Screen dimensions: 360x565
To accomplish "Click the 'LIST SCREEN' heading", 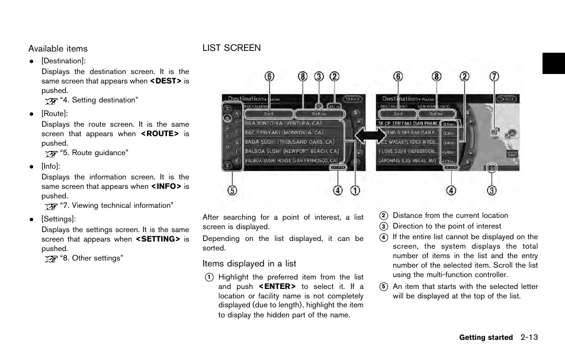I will pos(232,48).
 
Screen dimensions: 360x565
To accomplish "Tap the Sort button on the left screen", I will pos(268,113).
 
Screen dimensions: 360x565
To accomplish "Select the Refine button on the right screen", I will pos(436,113).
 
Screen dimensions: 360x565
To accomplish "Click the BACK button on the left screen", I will pos(353,99).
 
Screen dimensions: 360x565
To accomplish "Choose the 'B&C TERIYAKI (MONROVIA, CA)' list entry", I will pos(285,133).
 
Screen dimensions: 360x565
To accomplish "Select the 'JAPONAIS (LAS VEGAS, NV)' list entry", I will pos(407,160).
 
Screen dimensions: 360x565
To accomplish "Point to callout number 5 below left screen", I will pos(232,191).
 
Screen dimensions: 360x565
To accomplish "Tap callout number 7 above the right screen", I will pos(494,76).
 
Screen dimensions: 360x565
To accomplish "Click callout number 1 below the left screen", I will pos(354,191).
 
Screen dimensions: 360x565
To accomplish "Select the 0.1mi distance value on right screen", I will pos(449,124).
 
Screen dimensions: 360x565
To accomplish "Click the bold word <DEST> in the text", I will pos(165,81).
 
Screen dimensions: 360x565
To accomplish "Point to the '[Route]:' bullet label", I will pos(54,113).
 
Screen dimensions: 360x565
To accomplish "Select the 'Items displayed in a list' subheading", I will pos(249,263).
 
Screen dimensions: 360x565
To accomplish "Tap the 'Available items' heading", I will pos(58,49).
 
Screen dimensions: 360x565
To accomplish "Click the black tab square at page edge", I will pos(553,63).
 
